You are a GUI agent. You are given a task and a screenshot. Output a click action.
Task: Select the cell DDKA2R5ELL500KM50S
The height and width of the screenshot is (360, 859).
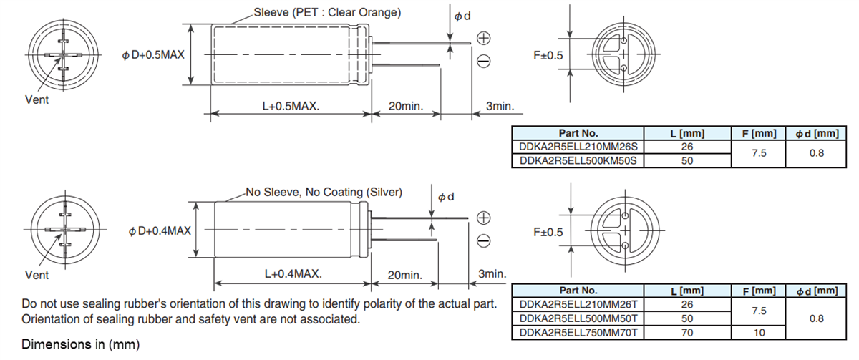click(x=578, y=161)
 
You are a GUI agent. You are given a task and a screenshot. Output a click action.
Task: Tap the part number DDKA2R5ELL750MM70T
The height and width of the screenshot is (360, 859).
click(x=578, y=333)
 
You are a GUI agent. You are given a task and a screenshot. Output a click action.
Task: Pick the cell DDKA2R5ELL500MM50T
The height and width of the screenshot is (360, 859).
click(x=578, y=318)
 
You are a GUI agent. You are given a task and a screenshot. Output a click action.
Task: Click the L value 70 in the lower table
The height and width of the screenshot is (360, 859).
click(x=686, y=333)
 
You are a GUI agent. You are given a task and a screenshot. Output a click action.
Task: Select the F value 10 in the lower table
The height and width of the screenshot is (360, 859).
click(x=758, y=333)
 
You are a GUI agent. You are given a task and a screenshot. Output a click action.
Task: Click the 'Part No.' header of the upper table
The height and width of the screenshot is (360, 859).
click(x=578, y=133)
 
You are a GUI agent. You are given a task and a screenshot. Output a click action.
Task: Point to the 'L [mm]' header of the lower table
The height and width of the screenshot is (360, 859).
click(x=686, y=291)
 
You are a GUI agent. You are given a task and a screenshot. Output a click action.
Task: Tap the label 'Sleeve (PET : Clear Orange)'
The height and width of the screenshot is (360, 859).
click(x=327, y=13)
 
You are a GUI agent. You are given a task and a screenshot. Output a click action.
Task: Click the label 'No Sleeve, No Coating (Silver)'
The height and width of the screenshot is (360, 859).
click(x=324, y=192)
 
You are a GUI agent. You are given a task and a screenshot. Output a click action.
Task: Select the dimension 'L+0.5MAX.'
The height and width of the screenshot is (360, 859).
click(x=290, y=106)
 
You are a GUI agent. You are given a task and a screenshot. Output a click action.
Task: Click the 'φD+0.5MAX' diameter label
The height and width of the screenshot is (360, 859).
click(x=153, y=55)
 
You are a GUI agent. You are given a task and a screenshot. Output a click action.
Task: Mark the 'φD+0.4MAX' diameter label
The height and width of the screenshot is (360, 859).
click(x=160, y=230)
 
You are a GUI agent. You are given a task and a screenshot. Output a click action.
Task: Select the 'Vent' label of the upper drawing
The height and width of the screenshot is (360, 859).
click(x=37, y=100)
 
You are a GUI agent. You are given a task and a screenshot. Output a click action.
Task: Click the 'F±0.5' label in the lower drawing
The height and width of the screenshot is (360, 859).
click(x=548, y=233)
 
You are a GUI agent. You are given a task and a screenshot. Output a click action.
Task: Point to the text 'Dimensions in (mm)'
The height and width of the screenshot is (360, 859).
click(x=80, y=344)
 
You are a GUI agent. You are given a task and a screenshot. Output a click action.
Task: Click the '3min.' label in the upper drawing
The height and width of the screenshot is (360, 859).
click(x=500, y=106)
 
